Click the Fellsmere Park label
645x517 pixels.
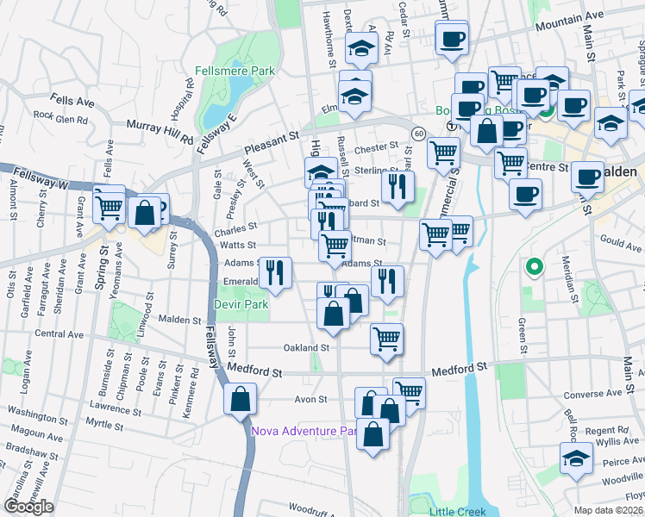tap(235, 71)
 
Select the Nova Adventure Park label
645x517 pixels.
tap(304, 431)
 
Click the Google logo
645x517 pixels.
tap(28, 507)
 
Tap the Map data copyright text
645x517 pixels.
tap(609, 510)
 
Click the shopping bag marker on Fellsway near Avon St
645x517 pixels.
tap(240, 400)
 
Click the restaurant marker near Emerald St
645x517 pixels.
tap(275, 273)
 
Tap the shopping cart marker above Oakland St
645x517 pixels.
tap(386, 339)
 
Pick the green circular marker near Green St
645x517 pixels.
tap(534, 267)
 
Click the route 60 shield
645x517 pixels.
tap(417, 134)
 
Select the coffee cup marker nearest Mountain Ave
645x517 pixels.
tap(452, 38)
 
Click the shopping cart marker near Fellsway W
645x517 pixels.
tap(110, 206)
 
